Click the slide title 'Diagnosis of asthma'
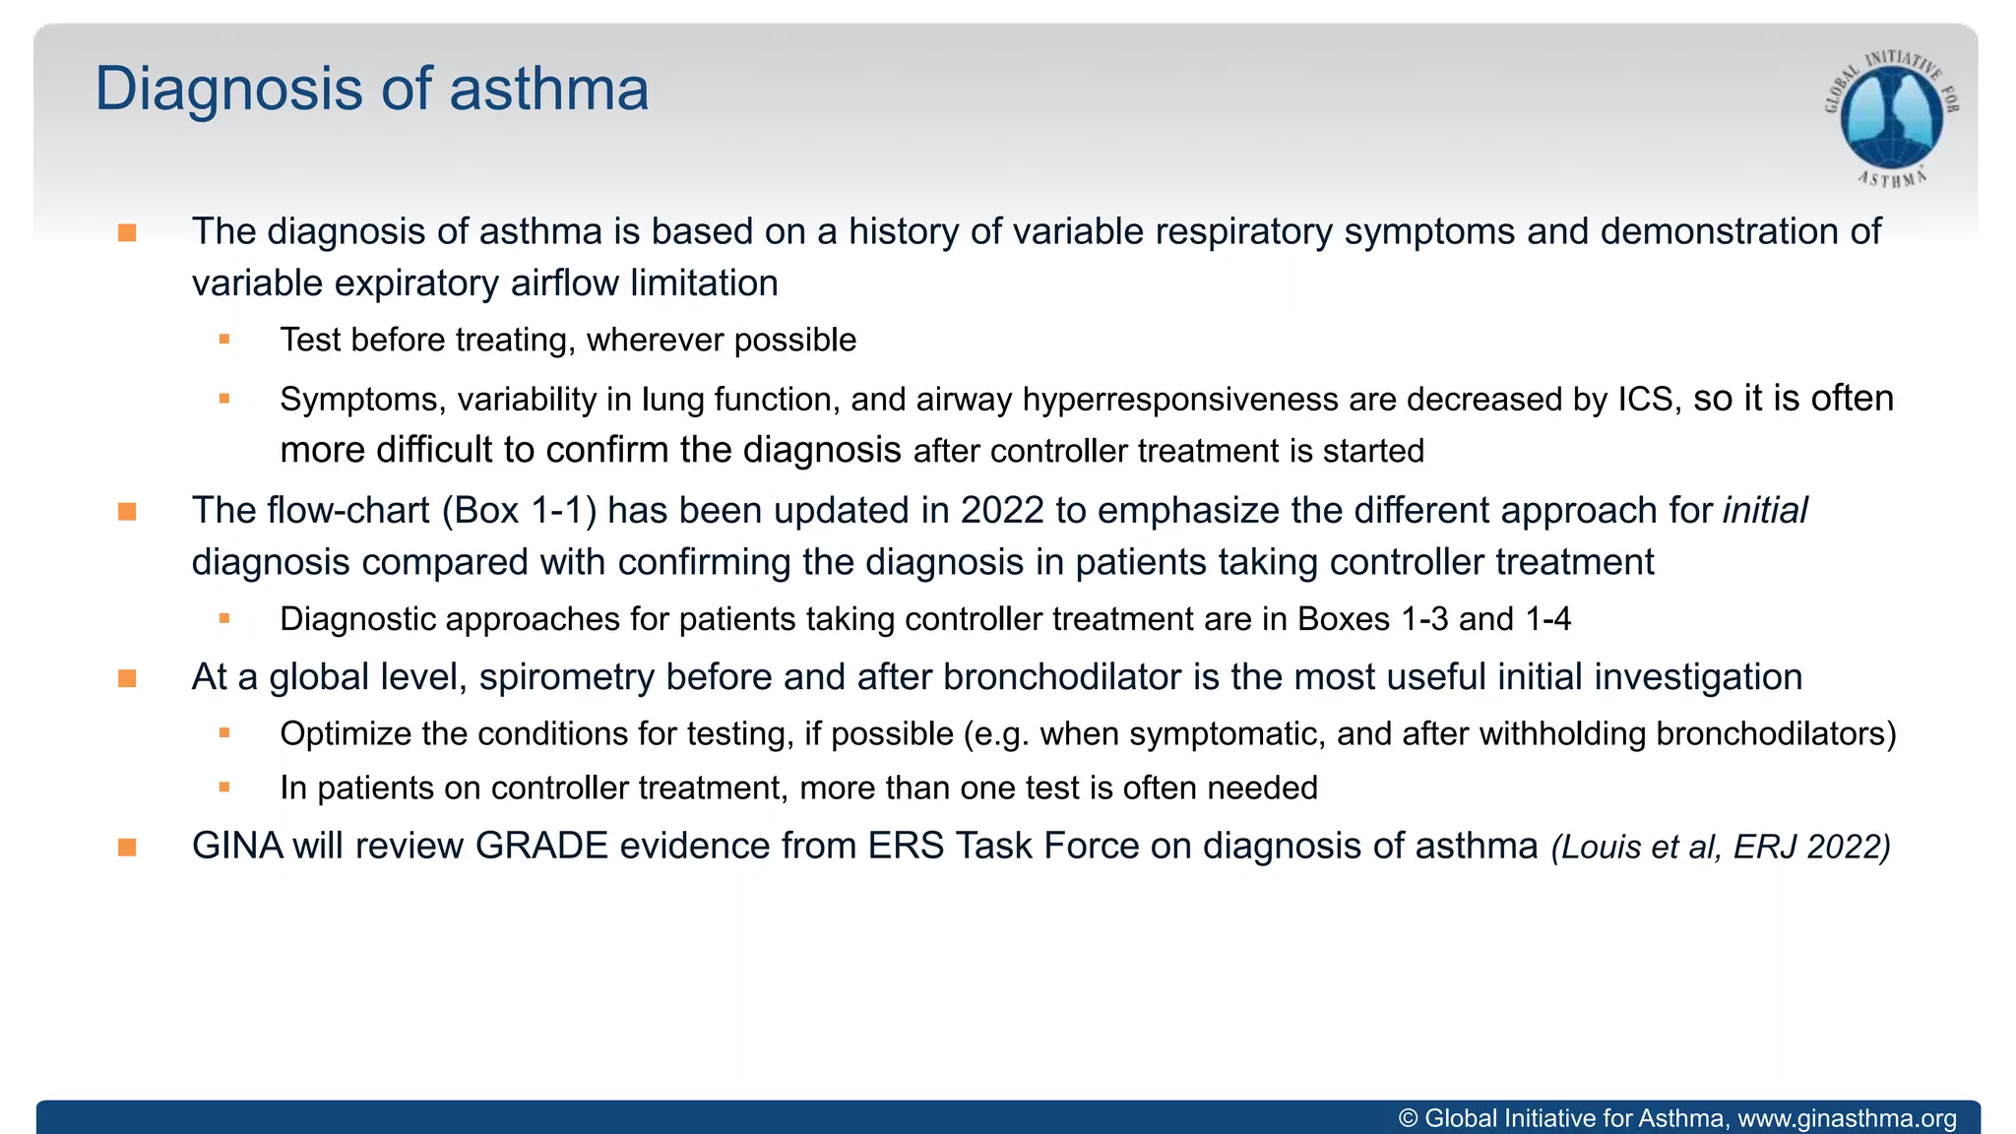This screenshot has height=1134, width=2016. (x=371, y=90)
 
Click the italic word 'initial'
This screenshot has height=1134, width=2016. (x=1764, y=511)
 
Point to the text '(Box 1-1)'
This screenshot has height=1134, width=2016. (x=519, y=511)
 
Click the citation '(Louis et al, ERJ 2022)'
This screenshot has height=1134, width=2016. (x=1720, y=848)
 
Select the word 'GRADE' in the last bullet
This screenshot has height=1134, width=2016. (x=541, y=847)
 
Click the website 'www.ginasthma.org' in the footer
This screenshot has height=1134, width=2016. (x=1847, y=1119)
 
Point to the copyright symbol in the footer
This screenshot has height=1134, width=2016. (x=1408, y=1119)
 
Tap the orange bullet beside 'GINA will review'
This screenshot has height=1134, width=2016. (x=127, y=848)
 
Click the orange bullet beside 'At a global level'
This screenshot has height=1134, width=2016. (x=127, y=678)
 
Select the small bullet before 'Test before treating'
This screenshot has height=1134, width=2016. (x=224, y=340)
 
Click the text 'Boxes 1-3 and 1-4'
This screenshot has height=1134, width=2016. (x=1433, y=619)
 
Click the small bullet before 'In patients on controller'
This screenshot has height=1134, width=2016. (x=224, y=787)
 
